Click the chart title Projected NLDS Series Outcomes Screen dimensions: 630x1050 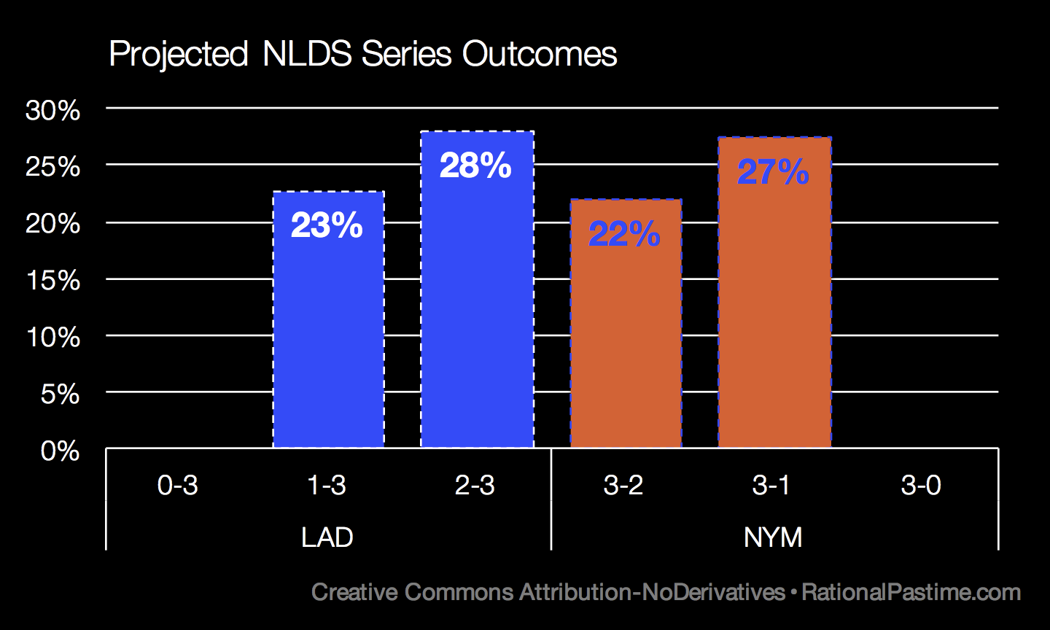[362, 55]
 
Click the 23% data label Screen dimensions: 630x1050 [327, 225]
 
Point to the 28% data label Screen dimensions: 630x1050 [475, 166]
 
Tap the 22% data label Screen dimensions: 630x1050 [624, 234]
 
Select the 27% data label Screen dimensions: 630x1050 [773, 172]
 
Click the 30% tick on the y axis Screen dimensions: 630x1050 [52, 110]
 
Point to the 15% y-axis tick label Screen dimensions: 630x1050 [52, 280]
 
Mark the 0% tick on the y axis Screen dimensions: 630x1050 [60, 451]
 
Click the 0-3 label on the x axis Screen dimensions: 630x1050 [178, 485]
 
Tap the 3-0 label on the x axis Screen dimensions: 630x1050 [921, 485]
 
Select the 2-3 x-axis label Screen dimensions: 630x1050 [475, 485]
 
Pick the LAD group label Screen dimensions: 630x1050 [327, 537]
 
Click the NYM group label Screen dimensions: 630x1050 [773, 537]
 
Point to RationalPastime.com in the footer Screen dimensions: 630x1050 [911, 592]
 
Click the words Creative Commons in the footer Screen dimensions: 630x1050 [412, 592]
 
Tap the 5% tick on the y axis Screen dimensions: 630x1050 [60, 394]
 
